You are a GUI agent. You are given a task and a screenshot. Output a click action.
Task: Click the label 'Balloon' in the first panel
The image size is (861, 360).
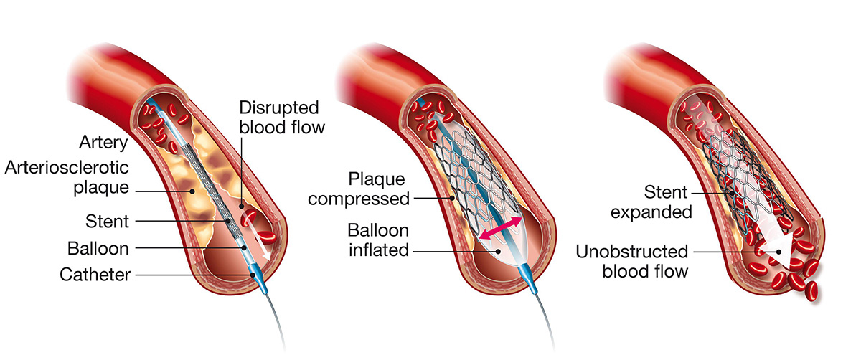click(x=98, y=248)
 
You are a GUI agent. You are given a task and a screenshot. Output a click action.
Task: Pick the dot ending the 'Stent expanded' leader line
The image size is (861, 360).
click(x=731, y=192)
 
